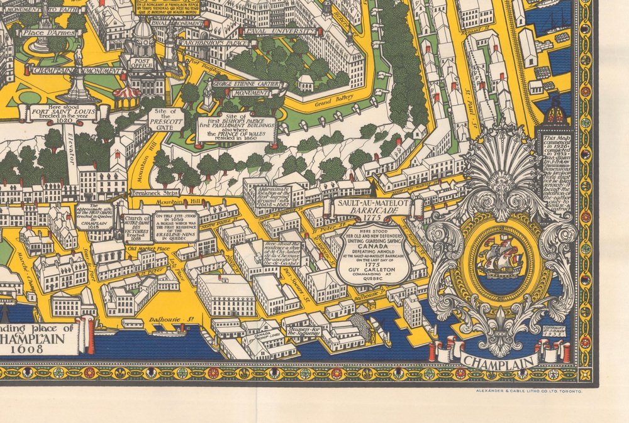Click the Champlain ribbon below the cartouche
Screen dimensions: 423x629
(x=499, y=360)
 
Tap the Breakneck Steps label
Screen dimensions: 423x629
(x=155, y=193)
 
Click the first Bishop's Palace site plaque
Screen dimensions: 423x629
(x=237, y=129)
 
